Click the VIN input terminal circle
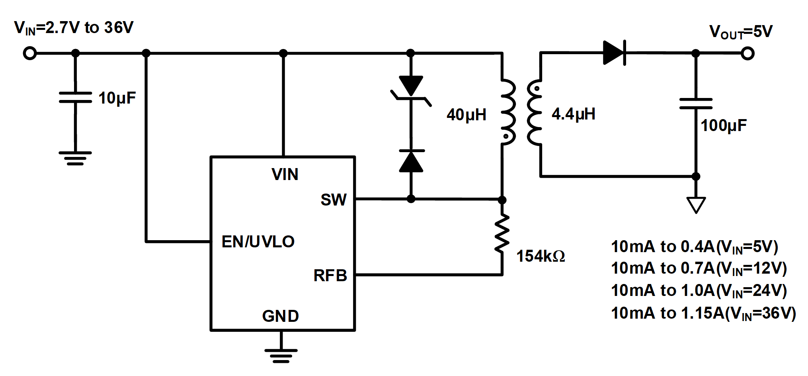pyautogui.click(x=30, y=53)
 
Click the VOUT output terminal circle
pyautogui.click(x=747, y=53)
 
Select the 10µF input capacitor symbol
pyautogui.click(x=75, y=97)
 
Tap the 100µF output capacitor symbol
pyautogui.click(x=696, y=104)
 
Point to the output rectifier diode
pyautogui.click(x=615, y=53)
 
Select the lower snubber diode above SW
pyautogui.click(x=411, y=161)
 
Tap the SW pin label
pyautogui.click(x=334, y=200)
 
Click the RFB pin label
pyautogui.click(x=330, y=276)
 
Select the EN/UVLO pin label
pyautogui.click(x=258, y=242)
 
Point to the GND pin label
pyautogui.click(x=280, y=316)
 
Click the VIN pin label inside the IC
pyautogui.click(x=285, y=174)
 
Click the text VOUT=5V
pyautogui.click(x=741, y=32)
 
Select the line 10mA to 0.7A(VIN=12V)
pyautogui.click(x=699, y=269)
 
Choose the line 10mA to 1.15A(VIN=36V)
pyautogui.click(x=703, y=313)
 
